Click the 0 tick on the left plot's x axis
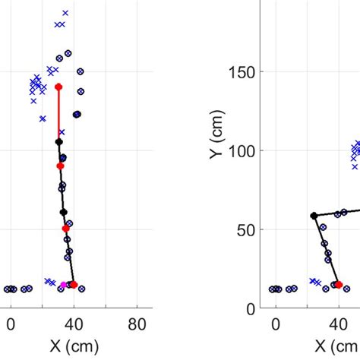coord(10,324)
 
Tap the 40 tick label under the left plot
coord(74,324)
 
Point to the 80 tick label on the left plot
coord(137,324)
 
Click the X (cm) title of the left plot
coord(74,346)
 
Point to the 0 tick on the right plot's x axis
coord(276,324)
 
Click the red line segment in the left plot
coord(58,114)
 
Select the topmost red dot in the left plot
coord(58,87)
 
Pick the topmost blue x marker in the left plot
coord(65,13)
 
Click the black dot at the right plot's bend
coord(314,216)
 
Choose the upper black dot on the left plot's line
coord(58,141)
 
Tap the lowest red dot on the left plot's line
coord(74,285)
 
